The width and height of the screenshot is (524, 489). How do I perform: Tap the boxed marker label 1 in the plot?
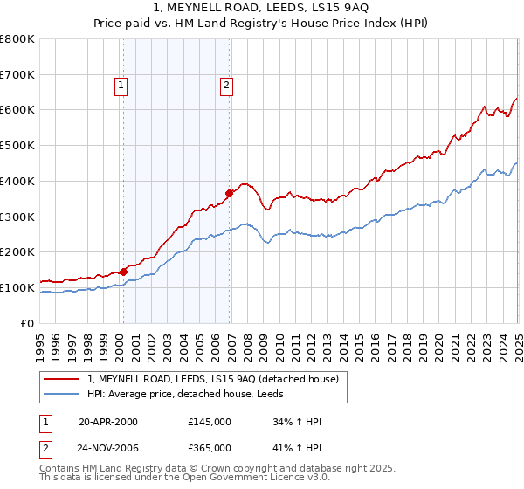coord(121,86)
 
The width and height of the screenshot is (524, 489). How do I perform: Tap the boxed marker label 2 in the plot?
coord(226,86)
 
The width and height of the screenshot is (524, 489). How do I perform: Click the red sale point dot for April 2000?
coord(123,272)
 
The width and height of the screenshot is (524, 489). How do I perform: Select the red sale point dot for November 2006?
coord(229,193)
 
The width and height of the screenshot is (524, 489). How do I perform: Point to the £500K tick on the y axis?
coord(18,145)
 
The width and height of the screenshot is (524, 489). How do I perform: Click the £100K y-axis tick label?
coord(18,287)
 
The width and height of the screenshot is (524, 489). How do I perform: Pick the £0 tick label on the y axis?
coord(27,323)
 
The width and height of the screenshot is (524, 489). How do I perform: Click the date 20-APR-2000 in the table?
coord(108,422)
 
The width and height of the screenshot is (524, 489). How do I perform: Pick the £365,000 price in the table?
coord(210,448)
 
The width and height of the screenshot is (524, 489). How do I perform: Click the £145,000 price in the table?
coord(210,422)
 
